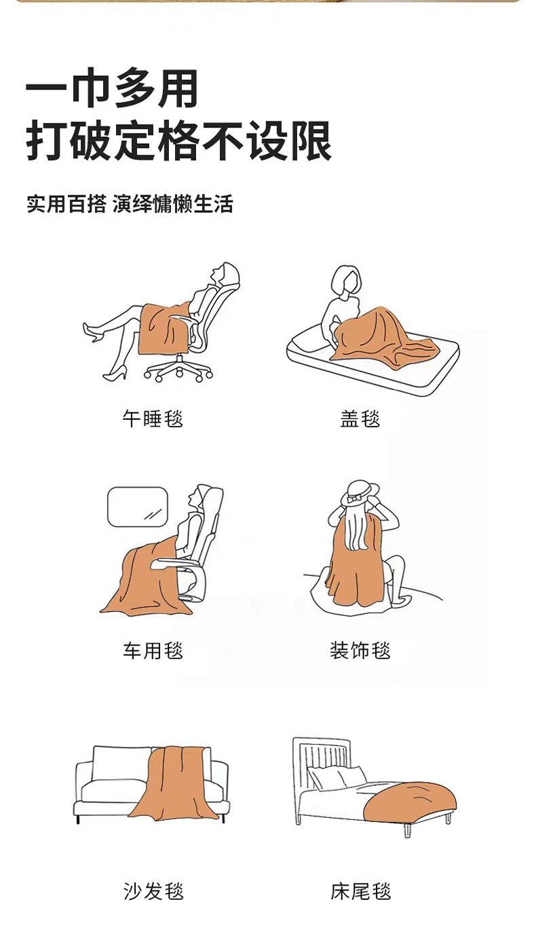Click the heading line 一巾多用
pyautogui.click(x=112, y=89)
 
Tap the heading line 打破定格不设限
pyautogui.click(x=179, y=141)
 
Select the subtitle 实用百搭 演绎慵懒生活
pyautogui.click(x=130, y=204)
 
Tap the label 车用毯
pyautogui.click(x=153, y=650)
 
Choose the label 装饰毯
pyautogui.click(x=360, y=650)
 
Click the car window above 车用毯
pyautogui.click(x=138, y=507)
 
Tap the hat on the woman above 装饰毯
pyautogui.click(x=360, y=492)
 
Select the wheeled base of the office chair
pyautogui.click(x=178, y=370)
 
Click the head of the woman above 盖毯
pyautogui.click(x=346, y=280)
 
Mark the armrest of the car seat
pyautogui.click(x=173, y=563)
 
